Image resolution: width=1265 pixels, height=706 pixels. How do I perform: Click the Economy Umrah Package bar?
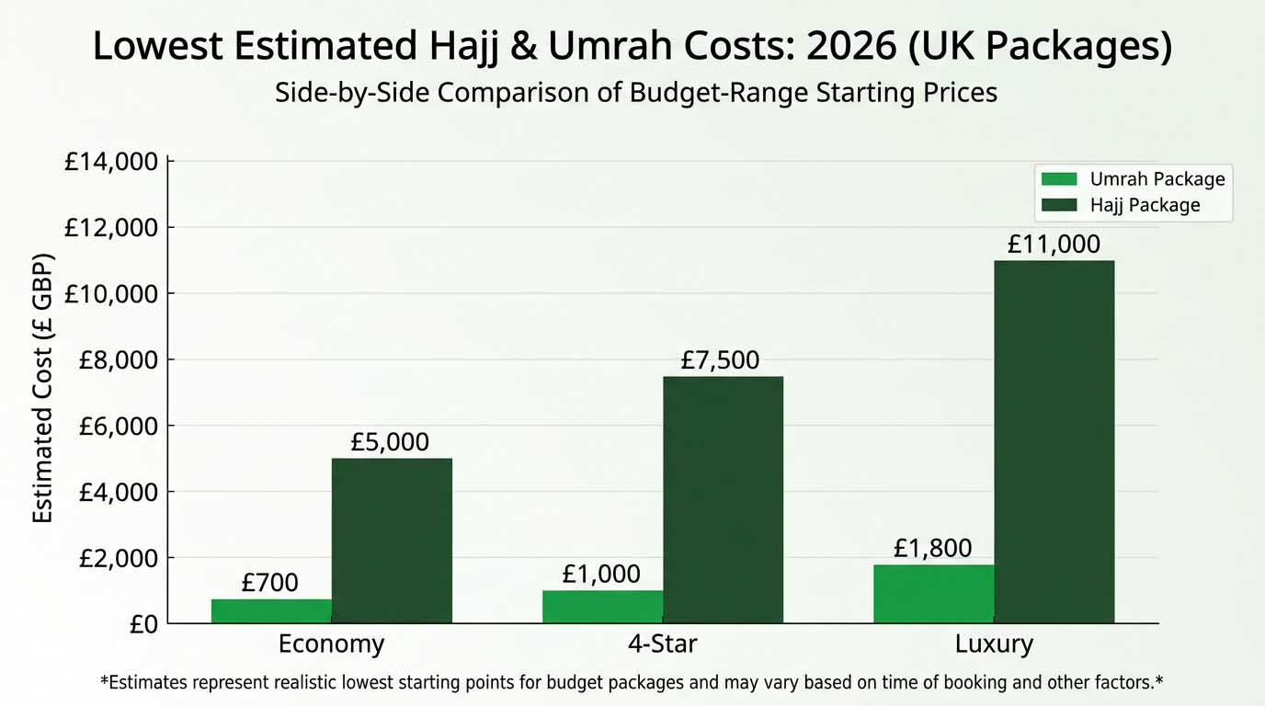point(271,611)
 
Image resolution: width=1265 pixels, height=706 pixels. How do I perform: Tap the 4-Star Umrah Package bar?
point(602,607)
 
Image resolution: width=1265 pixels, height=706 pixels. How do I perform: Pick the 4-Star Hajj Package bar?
point(723,500)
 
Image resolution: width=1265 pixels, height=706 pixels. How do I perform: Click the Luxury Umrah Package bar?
point(933,594)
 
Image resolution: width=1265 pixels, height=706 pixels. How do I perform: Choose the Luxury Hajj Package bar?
point(1054,442)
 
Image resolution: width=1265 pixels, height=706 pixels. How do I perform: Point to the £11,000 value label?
point(1054,245)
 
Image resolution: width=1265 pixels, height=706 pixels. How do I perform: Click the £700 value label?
point(270,582)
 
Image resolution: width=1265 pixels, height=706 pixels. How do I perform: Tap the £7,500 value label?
point(720,360)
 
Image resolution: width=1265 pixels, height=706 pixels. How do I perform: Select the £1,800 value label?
point(932,549)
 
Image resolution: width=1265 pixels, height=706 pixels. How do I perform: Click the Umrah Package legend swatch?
point(1058,178)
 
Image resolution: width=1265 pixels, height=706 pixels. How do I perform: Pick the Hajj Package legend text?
point(1145,205)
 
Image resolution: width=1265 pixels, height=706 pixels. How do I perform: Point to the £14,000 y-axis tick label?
point(111,162)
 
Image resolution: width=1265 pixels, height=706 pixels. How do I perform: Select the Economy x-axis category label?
point(331,644)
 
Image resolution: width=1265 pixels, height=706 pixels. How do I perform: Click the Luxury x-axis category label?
point(994,644)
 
